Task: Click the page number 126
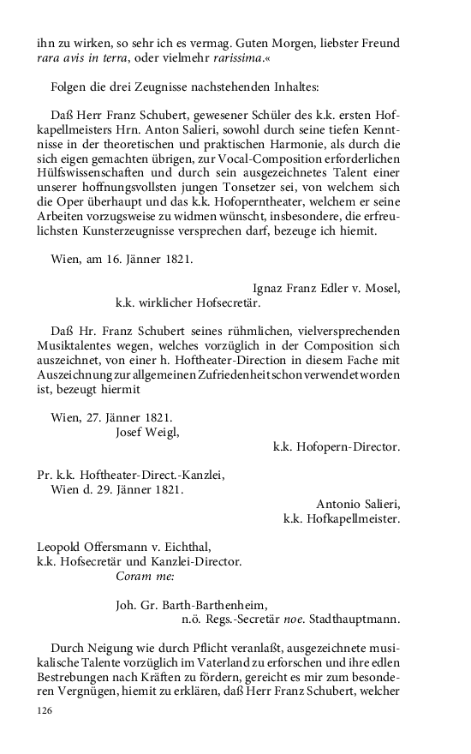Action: tap(46, 710)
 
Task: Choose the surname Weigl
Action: tap(161, 432)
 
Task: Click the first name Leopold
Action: tap(63, 547)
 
